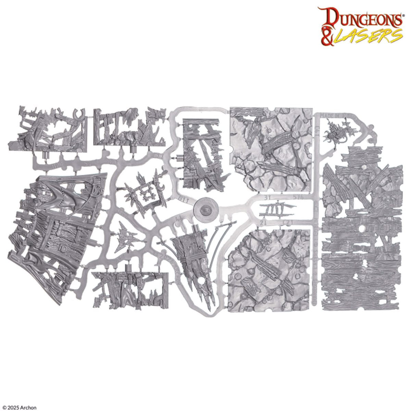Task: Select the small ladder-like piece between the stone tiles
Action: click(x=276, y=209)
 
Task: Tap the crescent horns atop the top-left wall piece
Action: click(x=79, y=115)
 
